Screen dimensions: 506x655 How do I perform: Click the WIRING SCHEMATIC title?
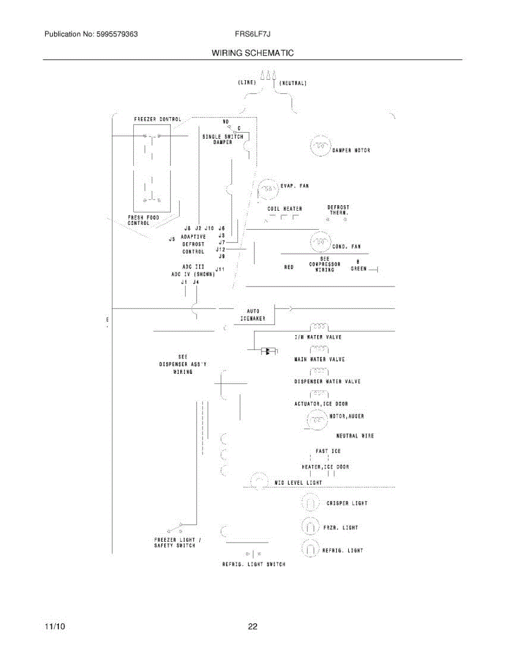coord(253,53)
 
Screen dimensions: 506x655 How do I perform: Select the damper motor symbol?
coord(320,147)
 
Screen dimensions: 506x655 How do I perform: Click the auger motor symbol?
coord(317,420)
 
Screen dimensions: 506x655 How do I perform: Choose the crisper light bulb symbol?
coord(309,503)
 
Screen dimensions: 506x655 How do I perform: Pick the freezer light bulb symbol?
coord(309,527)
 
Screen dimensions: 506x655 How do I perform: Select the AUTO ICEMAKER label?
coord(253,315)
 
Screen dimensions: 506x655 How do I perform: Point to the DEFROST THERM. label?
coord(338,210)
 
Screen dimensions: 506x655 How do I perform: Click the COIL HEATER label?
coord(284,209)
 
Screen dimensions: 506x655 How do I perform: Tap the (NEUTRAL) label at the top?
coord(293,84)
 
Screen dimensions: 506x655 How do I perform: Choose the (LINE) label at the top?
coord(247,82)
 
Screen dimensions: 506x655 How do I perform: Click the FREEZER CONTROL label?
coord(158,119)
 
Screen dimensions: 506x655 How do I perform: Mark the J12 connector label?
coord(221,249)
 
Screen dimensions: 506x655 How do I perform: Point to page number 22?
coord(253,627)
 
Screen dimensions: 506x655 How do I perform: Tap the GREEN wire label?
coord(358,269)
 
